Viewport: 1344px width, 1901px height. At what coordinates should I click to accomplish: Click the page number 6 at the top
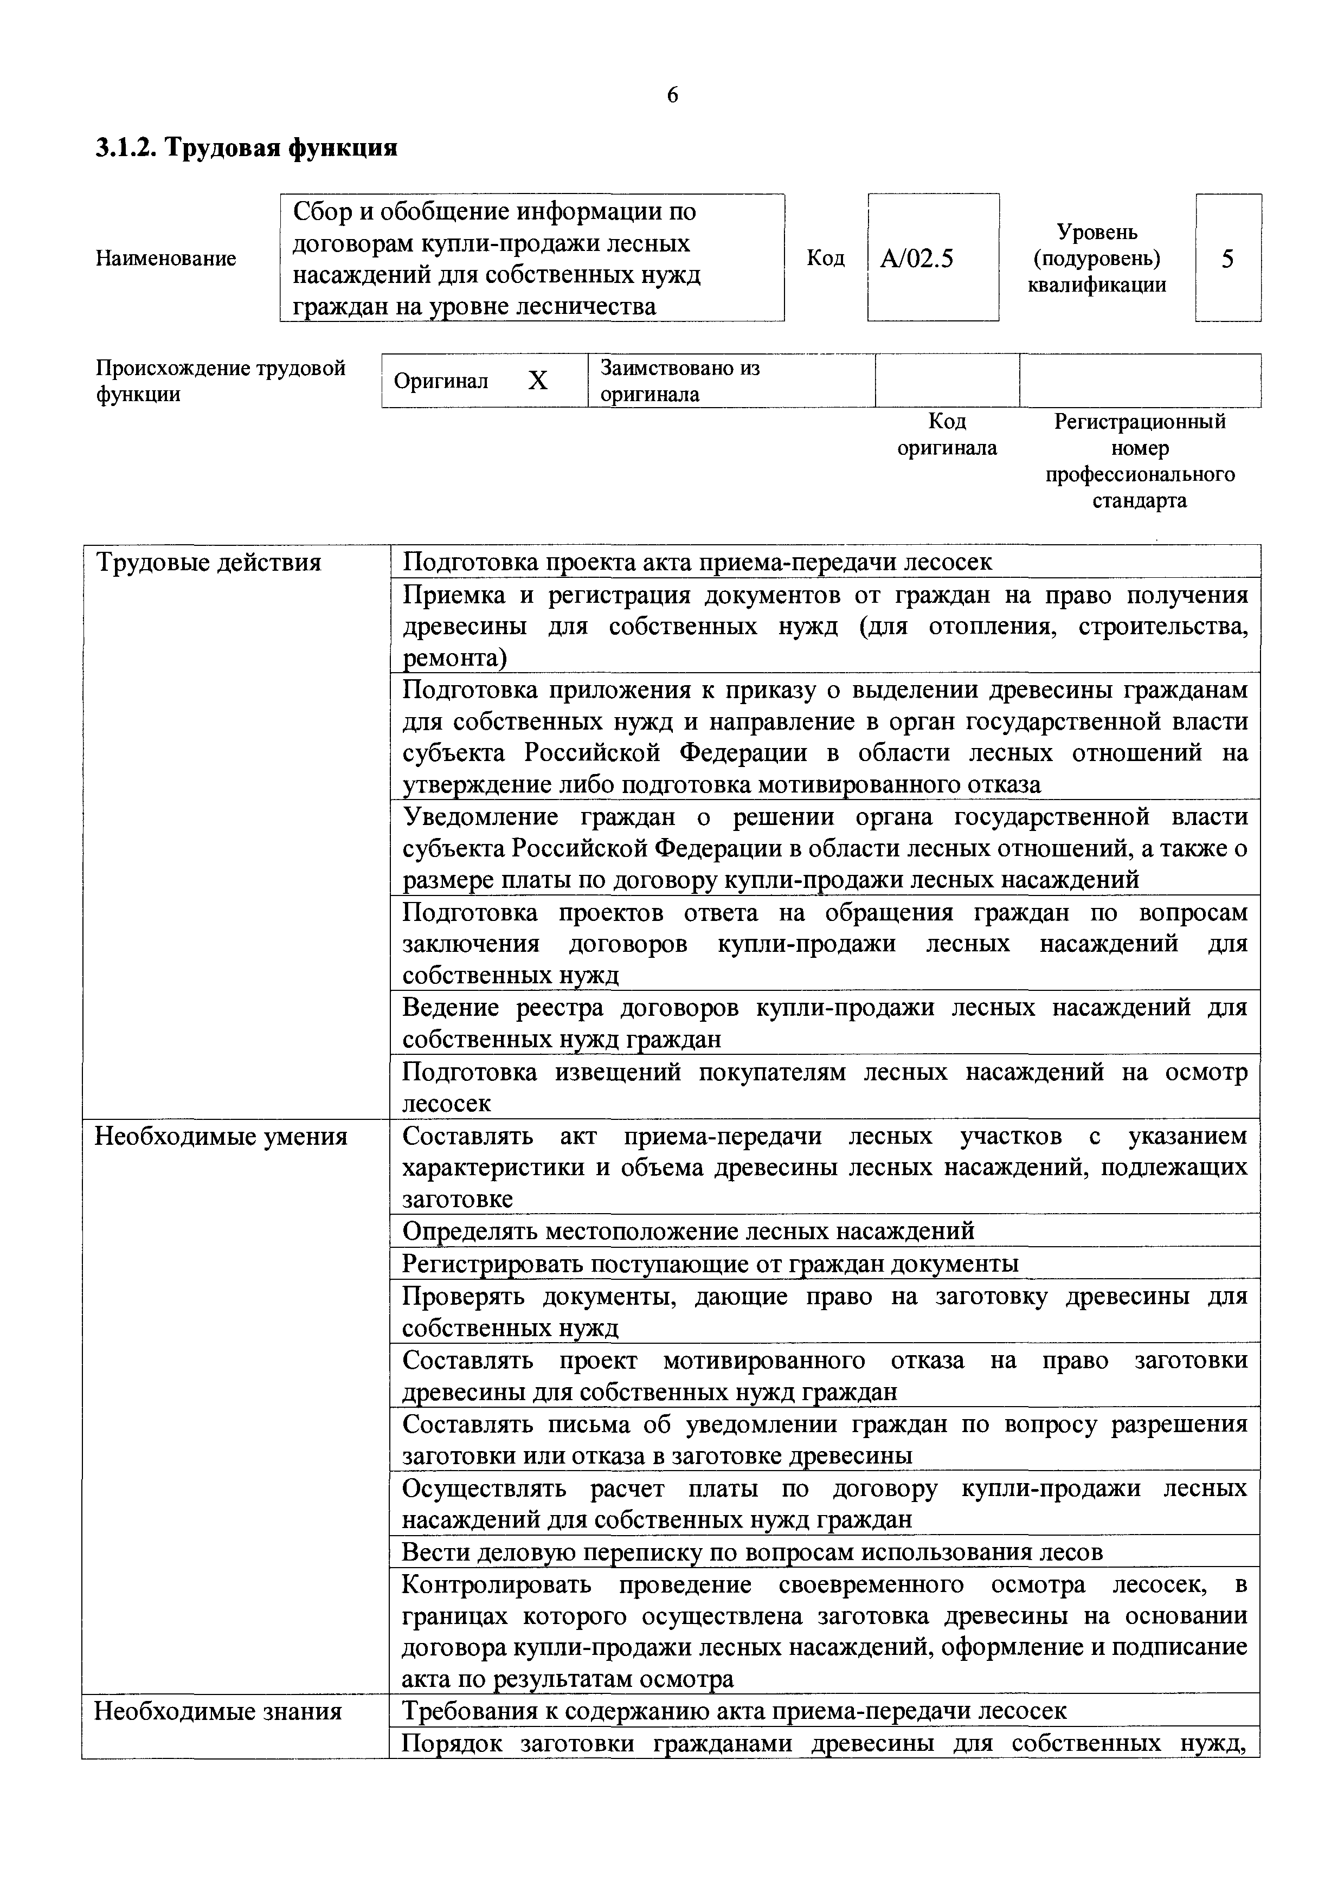coord(672,96)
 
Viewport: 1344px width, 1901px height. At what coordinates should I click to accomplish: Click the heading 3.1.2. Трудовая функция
coord(246,148)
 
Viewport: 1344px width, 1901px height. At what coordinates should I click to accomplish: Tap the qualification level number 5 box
coord(1227,259)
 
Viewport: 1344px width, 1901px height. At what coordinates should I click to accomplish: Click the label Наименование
coord(165,259)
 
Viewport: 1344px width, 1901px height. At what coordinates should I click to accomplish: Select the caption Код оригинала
coord(947,435)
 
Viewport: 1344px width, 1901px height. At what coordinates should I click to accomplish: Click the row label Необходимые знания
coord(218,1711)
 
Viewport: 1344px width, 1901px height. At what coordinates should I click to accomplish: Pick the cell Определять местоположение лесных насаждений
coord(687,1231)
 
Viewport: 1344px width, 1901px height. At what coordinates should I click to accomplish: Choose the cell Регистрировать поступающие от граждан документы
coord(710,1264)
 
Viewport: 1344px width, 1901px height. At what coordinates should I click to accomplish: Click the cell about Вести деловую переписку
coord(752,1551)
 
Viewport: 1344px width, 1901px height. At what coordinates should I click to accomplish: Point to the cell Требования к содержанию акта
coord(734,1711)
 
